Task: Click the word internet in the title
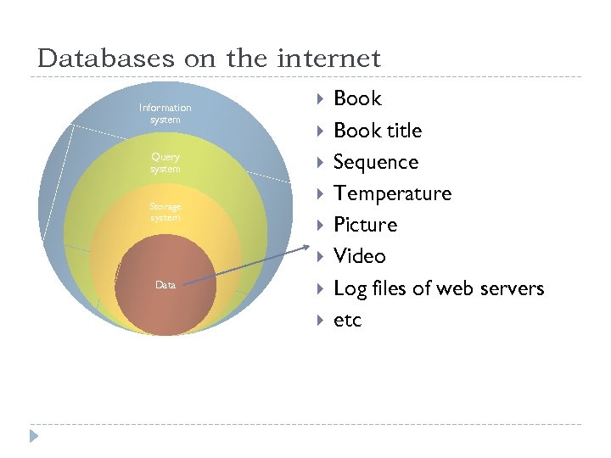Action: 328,59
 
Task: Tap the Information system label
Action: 165,114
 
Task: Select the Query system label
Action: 165,163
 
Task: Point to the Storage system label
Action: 165,212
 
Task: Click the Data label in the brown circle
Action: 165,285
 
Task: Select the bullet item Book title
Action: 378,131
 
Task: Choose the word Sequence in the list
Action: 376,162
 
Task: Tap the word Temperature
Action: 392,193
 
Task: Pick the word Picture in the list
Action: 365,225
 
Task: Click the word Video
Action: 360,256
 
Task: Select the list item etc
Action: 347,320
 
